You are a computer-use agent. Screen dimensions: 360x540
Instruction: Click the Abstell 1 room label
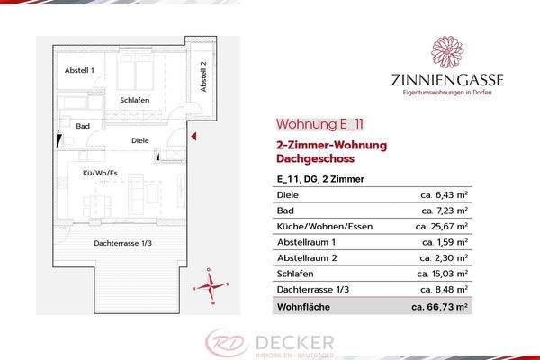(80, 70)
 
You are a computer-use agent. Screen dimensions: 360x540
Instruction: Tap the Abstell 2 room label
(204, 76)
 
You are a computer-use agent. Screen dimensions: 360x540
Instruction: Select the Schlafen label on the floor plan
(134, 100)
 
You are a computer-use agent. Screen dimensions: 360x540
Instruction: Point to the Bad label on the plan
(83, 127)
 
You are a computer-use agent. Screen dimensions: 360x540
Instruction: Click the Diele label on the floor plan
(139, 140)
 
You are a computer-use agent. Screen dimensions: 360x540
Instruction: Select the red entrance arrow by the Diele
(193, 135)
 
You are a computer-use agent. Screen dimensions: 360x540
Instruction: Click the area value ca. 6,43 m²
(445, 193)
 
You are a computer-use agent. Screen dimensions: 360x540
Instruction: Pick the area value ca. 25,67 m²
(442, 226)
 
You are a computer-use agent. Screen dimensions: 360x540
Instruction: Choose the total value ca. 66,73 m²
(439, 307)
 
